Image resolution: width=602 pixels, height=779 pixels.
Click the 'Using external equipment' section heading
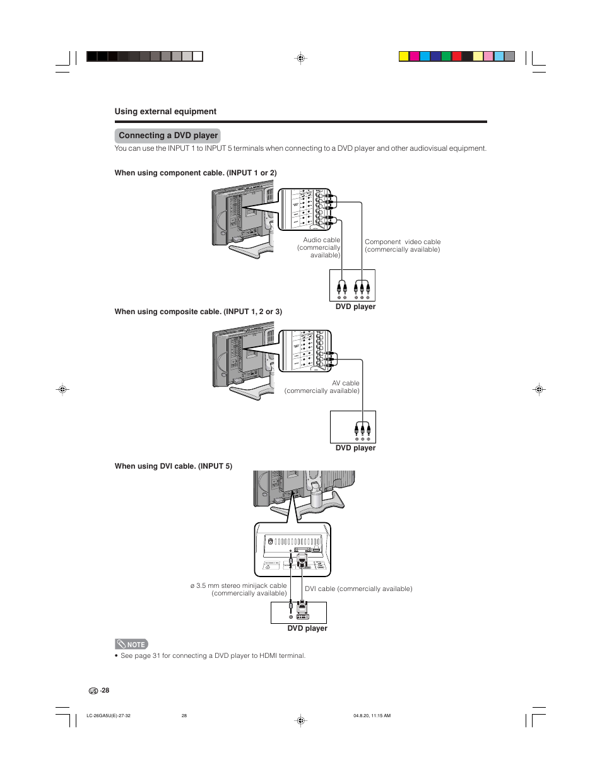pyautogui.click(x=165, y=112)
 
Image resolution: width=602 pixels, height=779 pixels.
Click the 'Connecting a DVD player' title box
pyautogui.click(x=168, y=136)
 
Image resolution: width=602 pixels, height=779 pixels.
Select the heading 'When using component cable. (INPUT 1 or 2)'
pyautogui.click(x=196, y=173)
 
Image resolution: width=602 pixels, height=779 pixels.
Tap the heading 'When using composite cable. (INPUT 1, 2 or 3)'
pyautogui.click(x=198, y=312)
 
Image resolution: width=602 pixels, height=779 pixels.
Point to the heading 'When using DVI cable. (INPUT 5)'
pyautogui.click(x=174, y=466)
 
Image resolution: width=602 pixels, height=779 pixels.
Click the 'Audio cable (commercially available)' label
pyautogui.click(x=319, y=247)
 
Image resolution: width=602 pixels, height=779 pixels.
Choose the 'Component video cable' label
pyautogui.click(x=403, y=245)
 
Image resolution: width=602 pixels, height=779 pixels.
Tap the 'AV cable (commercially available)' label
pyautogui.click(x=322, y=387)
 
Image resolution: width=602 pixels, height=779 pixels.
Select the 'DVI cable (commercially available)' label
pyautogui.click(x=358, y=589)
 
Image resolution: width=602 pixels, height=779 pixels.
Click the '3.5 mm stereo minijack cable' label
pyautogui.click(x=239, y=589)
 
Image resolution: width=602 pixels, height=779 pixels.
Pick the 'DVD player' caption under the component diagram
pyautogui.click(x=355, y=307)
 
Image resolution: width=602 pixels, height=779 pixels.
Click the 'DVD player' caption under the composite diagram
pyautogui.click(x=355, y=448)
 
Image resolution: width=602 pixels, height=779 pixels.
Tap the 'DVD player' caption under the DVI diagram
pyautogui.click(x=307, y=628)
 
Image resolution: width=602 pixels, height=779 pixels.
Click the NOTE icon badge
pyautogui.click(x=131, y=644)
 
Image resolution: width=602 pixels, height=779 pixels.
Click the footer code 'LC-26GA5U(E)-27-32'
pyautogui.click(x=109, y=716)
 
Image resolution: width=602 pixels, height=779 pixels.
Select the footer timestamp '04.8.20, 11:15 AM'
pyautogui.click(x=372, y=716)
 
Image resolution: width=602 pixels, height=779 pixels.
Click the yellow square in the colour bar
pyautogui.click(x=404, y=56)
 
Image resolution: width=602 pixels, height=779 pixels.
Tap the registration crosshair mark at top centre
pyautogui.click(x=301, y=58)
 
